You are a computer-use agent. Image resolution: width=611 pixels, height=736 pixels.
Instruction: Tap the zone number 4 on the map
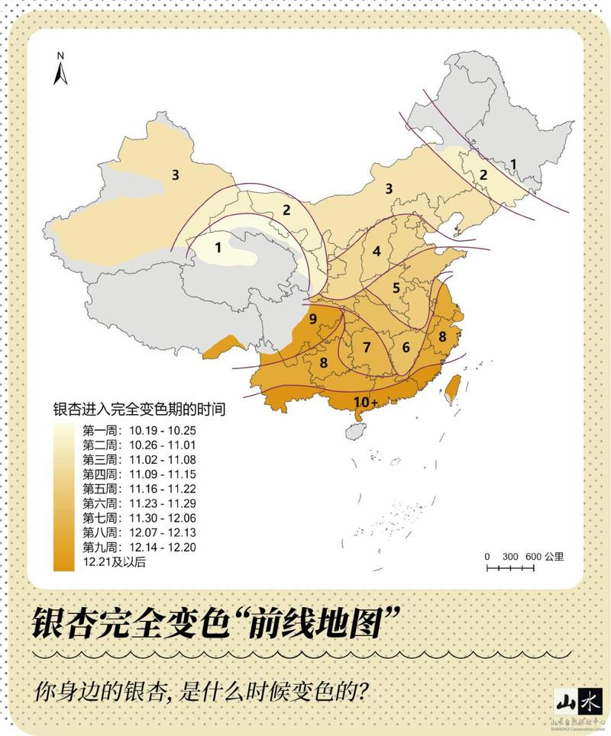(x=377, y=251)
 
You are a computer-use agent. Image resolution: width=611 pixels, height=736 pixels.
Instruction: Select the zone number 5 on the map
(x=396, y=288)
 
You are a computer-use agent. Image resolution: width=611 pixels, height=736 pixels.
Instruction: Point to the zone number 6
(x=406, y=347)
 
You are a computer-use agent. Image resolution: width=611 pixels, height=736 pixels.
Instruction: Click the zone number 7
(x=367, y=347)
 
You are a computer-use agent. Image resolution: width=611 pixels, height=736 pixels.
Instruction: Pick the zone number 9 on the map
(x=312, y=319)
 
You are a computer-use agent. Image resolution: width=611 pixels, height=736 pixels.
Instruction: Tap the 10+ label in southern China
(x=365, y=400)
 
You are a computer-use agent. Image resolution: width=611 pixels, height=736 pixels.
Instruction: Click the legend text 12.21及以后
(x=115, y=562)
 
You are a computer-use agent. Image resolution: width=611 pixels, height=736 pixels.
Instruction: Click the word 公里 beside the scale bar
(x=555, y=556)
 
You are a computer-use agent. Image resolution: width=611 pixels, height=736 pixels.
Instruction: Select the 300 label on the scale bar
(x=509, y=556)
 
